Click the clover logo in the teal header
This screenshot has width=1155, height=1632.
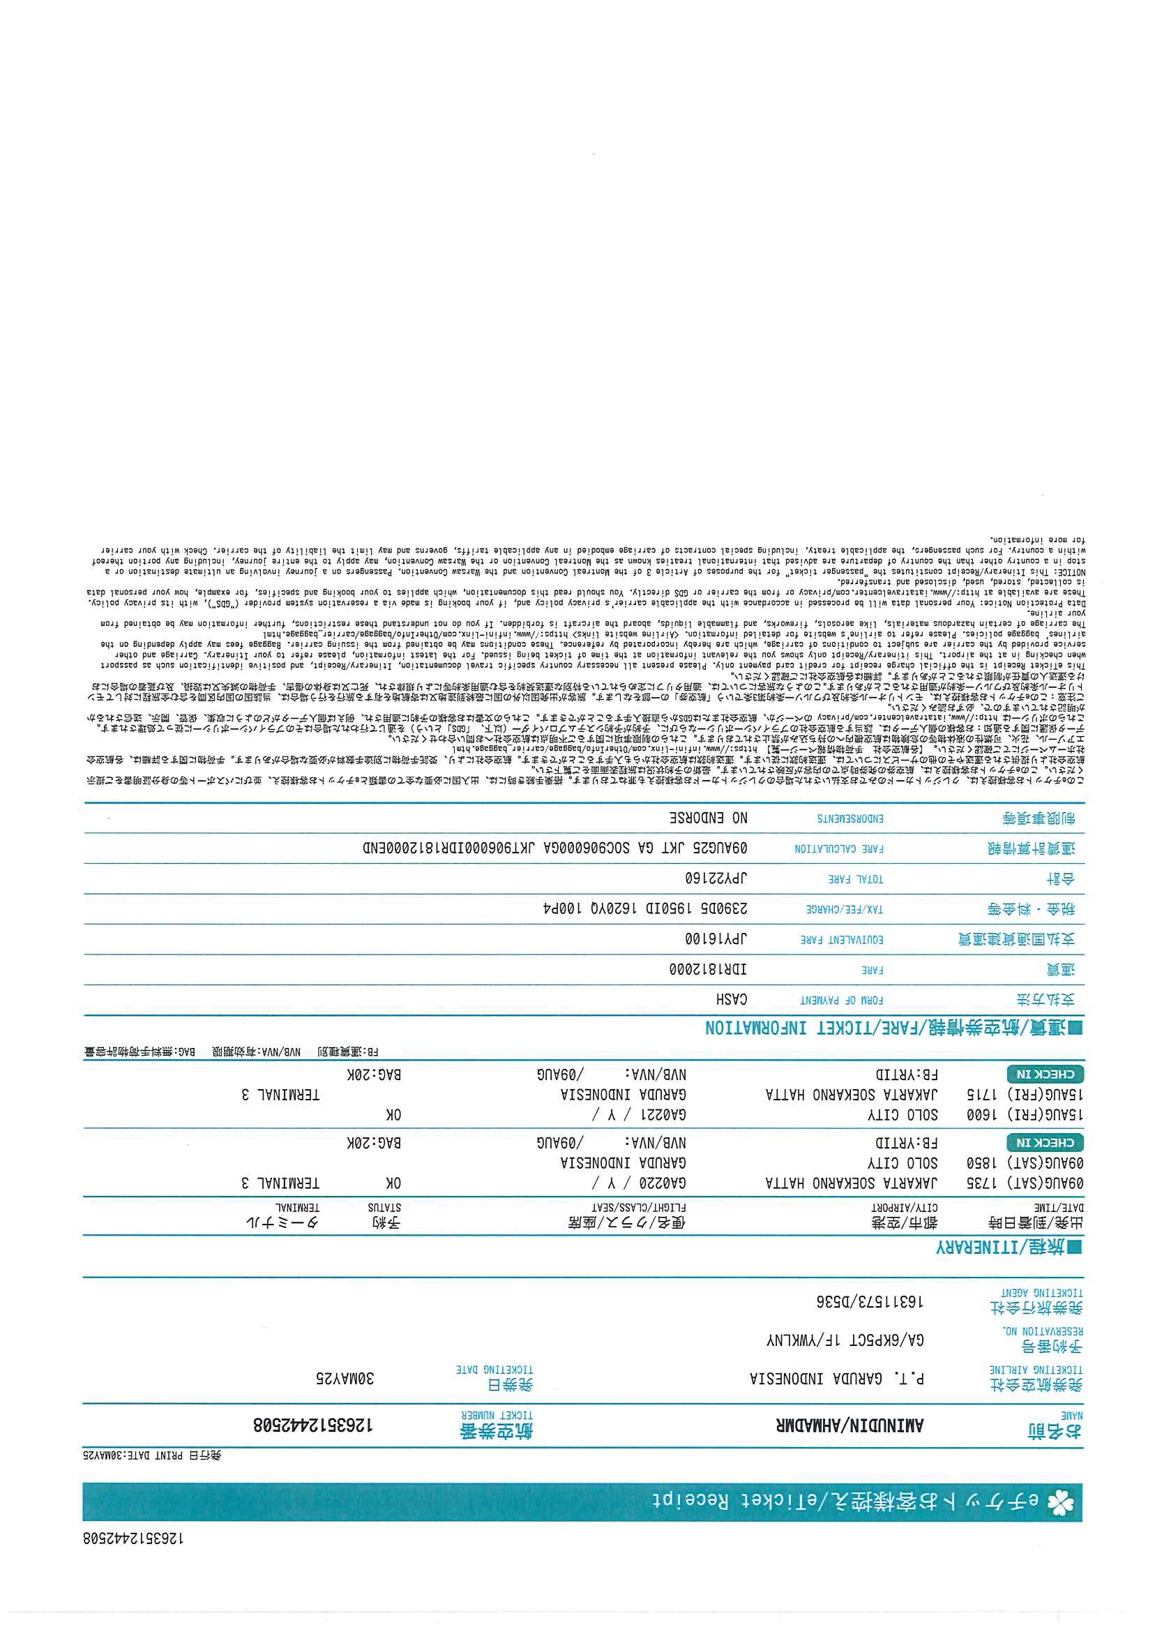(x=1060, y=1502)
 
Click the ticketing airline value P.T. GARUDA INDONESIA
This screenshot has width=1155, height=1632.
(x=837, y=1379)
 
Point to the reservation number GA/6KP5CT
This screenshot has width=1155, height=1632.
(x=882, y=1340)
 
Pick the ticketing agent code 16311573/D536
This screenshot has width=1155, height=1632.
(x=869, y=1302)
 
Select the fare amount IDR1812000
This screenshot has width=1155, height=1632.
(x=708, y=970)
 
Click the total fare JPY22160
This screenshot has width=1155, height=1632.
(x=715, y=878)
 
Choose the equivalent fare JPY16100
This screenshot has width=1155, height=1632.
(x=716, y=939)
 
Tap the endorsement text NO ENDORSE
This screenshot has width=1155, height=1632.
(x=709, y=818)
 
